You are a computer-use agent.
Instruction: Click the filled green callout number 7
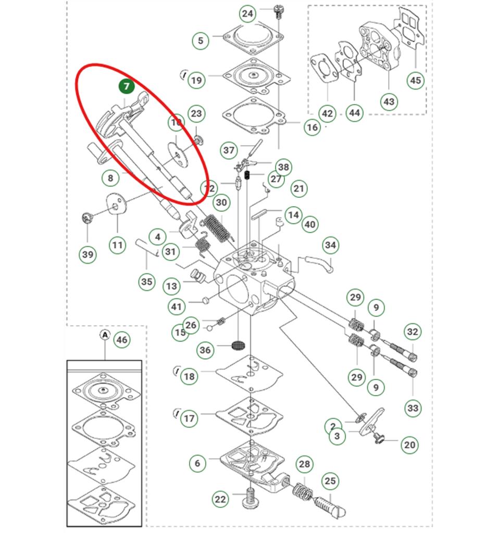pyautogui.click(x=127, y=86)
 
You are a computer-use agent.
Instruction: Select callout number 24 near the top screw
pyautogui.click(x=248, y=14)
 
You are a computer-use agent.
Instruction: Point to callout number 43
pyautogui.click(x=389, y=101)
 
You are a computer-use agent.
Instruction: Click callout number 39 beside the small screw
pyautogui.click(x=88, y=254)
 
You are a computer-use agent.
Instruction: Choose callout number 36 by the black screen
pyautogui.click(x=206, y=350)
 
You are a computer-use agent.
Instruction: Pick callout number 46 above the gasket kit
pyautogui.click(x=121, y=340)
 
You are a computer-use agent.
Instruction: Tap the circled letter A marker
pyautogui.click(x=105, y=335)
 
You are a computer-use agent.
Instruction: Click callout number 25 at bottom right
pyautogui.click(x=330, y=480)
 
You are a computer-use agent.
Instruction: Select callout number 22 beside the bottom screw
pyautogui.click(x=221, y=499)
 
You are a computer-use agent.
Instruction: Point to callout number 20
pyautogui.click(x=410, y=445)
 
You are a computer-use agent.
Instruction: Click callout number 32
pyautogui.click(x=413, y=332)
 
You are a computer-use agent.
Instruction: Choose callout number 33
pyautogui.click(x=413, y=408)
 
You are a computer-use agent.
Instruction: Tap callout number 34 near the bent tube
pyautogui.click(x=330, y=244)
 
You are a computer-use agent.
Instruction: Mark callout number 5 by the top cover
pyautogui.click(x=200, y=40)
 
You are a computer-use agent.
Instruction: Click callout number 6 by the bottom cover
pyautogui.click(x=197, y=462)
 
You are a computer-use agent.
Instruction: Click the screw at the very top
pyautogui.click(x=278, y=10)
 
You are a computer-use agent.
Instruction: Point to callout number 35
pyautogui.click(x=147, y=282)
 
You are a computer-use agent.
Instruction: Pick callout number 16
pyautogui.click(x=312, y=128)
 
